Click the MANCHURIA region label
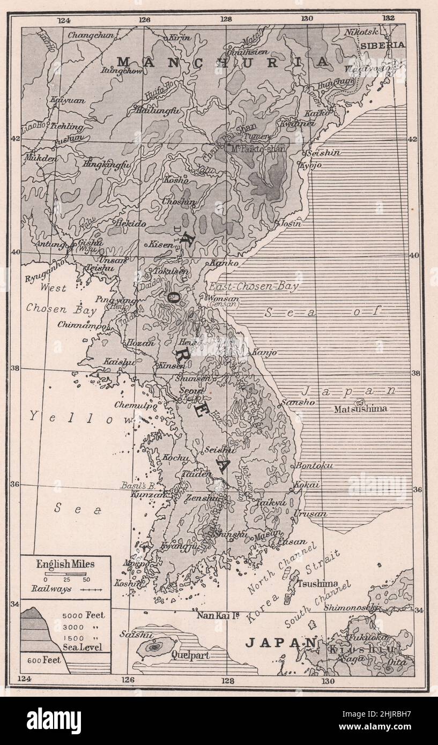[222, 62]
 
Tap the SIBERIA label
[382, 46]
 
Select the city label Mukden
[40, 159]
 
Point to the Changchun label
[91, 35]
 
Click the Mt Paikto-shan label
[259, 148]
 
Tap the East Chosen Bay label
[254, 287]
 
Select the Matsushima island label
[360, 409]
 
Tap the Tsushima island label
[318, 583]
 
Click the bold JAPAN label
[280, 643]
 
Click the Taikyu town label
[268, 503]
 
